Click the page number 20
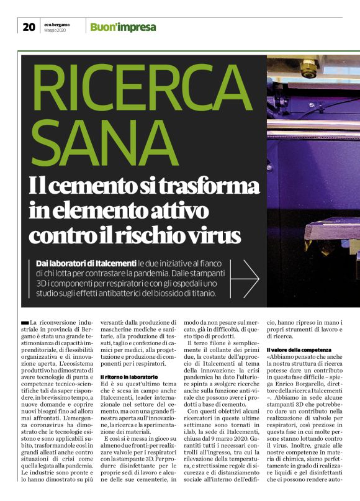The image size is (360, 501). (x=29, y=26)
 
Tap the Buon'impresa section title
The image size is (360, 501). (x=123, y=27)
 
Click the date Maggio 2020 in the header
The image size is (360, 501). (x=56, y=30)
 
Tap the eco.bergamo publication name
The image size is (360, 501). (x=57, y=24)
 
